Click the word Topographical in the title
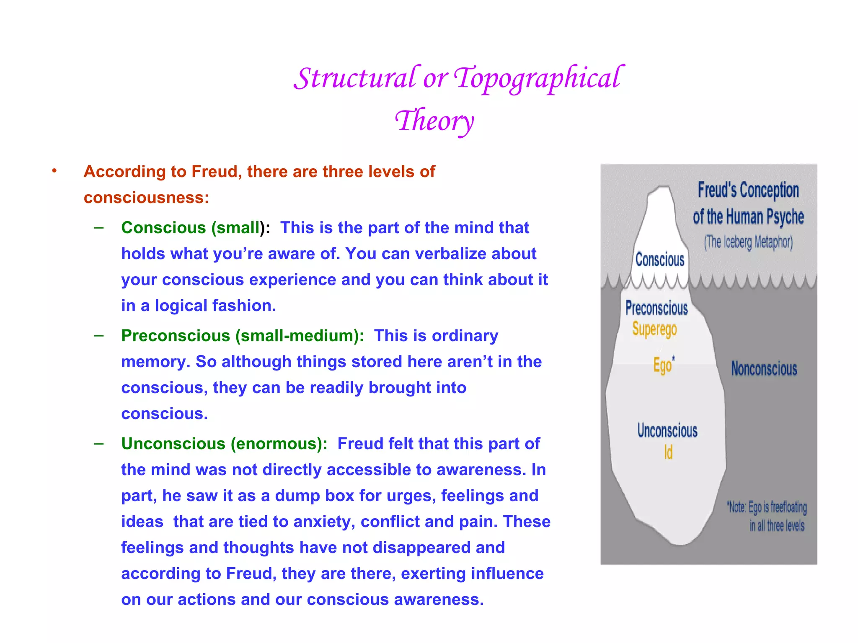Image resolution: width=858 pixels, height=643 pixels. click(539, 79)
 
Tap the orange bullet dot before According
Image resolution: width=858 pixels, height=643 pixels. click(54, 171)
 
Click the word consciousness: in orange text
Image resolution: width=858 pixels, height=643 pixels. click(146, 198)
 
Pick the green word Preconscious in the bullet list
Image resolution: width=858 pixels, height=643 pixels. click(176, 336)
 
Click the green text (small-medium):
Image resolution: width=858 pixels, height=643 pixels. click(300, 336)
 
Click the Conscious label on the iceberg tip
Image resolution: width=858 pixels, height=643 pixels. click(660, 260)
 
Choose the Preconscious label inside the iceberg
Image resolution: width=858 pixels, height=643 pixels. click(656, 308)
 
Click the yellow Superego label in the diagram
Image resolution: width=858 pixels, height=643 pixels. click(654, 329)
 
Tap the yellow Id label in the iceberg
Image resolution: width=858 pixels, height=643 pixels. click(668, 453)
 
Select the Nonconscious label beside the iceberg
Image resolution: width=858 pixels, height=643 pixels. click(764, 369)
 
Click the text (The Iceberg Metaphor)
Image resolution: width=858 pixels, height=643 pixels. click(748, 242)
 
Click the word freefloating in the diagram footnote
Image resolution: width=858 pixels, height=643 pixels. click(788, 507)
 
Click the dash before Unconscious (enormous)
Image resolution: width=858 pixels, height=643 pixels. click(99, 443)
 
